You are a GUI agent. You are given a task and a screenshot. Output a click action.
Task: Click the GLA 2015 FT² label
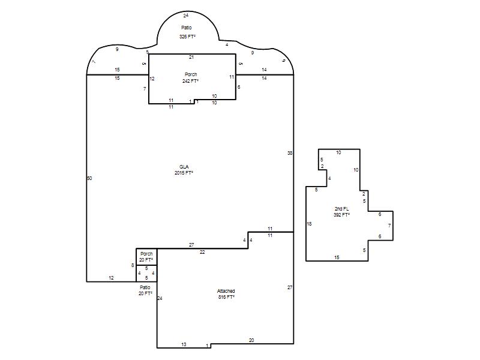(x=184, y=170)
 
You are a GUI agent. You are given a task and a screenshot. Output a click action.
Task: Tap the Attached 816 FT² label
(x=226, y=294)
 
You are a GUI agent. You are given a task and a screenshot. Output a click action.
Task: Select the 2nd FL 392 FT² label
(x=341, y=212)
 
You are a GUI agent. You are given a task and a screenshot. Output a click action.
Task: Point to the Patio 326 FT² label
(x=187, y=32)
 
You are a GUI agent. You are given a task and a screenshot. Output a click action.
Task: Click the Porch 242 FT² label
(x=190, y=78)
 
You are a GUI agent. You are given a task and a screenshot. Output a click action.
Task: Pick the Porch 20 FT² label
(x=146, y=257)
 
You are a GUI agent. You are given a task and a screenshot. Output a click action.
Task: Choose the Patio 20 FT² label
(x=145, y=290)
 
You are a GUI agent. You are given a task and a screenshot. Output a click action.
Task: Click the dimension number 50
(x=89, y=178)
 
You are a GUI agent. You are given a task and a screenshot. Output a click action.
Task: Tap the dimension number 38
(x=290, y=153)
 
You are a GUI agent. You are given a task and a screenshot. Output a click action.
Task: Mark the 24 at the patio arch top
(x=186, y=16)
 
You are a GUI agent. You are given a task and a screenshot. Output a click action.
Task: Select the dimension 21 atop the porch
(x=191, y=57)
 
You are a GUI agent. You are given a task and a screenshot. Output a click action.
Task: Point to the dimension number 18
(x=309, y=224)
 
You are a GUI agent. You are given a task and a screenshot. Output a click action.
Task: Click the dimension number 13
(x=184, y=344)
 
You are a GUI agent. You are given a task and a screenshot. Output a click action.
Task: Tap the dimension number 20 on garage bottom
(x=251, y=340)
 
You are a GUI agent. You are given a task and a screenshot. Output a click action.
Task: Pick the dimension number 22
(x=202, y=252)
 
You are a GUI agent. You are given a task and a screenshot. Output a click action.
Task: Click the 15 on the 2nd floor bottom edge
(x=337, y=257)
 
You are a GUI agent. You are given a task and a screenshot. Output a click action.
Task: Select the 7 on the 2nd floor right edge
(x=389, y=226)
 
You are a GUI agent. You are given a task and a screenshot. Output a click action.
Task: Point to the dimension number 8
(x=133, y=265)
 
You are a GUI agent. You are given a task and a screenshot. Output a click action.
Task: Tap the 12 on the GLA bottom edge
(x=111, y=278)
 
